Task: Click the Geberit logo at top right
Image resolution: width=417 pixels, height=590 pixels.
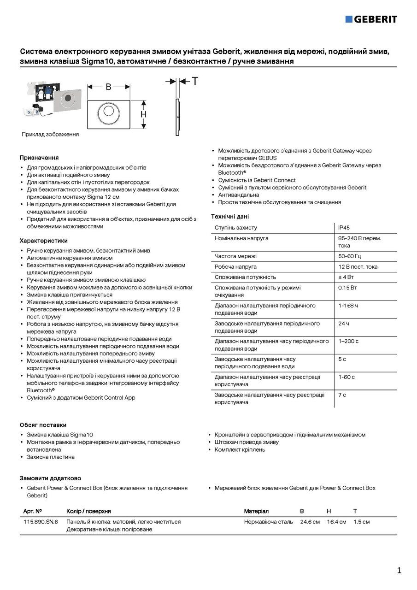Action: [x=371, y=19]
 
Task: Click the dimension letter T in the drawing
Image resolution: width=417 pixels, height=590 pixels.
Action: [x=195, y=82]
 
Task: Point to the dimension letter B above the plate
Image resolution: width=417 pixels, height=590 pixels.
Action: [x=108, y=86]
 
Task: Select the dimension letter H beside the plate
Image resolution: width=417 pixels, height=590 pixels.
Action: [x=143, y=114]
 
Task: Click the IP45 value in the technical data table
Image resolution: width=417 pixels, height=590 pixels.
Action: [x=344, y=228]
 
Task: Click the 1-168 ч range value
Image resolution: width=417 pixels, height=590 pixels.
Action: [x=348, y=306]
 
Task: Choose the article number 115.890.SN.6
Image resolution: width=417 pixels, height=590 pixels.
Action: [x=41, y=522]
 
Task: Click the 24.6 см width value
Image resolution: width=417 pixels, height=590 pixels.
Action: [x=310, y=522]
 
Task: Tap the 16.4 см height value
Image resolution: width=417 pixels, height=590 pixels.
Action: [x=336, y=522]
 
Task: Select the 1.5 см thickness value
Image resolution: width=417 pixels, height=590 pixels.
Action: [x=361, y=522]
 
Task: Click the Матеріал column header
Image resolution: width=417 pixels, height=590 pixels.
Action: [x=256, y=511]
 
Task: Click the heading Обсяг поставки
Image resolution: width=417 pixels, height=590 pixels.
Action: [x=43, y=425]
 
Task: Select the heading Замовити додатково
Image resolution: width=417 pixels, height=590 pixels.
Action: [x=50, y=478]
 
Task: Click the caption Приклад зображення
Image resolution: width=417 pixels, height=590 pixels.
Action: [x=50, y=135]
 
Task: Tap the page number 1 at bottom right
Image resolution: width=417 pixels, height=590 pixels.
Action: [x=399, y=571]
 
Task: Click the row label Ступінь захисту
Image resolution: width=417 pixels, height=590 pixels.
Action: [x=236, y=228]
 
